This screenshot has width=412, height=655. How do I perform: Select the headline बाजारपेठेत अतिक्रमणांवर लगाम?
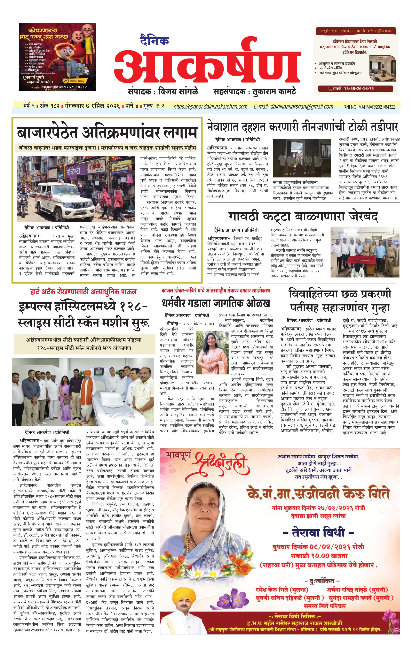click(107, 133)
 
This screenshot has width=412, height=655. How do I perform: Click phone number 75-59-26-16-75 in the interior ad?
click(358, 88)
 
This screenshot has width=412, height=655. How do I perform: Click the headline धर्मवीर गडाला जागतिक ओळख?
click(216, 303)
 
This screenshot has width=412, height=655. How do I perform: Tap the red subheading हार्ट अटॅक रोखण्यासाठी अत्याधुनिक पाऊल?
click(84, 292)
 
